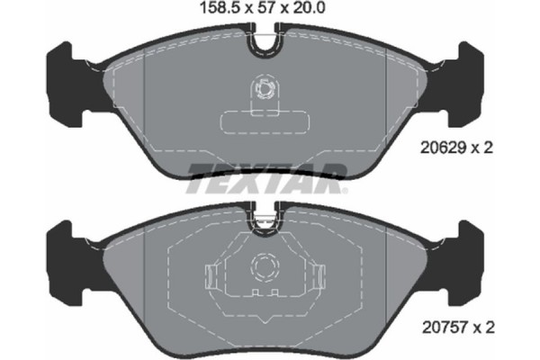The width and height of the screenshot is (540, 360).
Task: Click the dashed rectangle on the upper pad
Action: tap(266, 121)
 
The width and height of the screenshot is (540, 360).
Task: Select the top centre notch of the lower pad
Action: tap(266, 217)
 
